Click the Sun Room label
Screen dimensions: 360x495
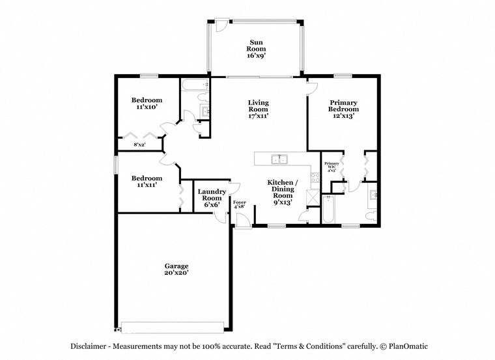point(256,45)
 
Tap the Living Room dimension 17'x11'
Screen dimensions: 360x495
point(258,116)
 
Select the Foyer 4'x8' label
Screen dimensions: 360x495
point(240,206)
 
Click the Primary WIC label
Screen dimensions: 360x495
point(332,167)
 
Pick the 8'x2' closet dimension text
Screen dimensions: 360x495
point(139,145)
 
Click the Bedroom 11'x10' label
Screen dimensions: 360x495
point(147,103)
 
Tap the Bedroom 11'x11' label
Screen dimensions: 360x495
point(147,181)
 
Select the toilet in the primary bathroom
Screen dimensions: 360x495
point(369,215)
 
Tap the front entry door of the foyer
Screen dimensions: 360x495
point(242,223)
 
